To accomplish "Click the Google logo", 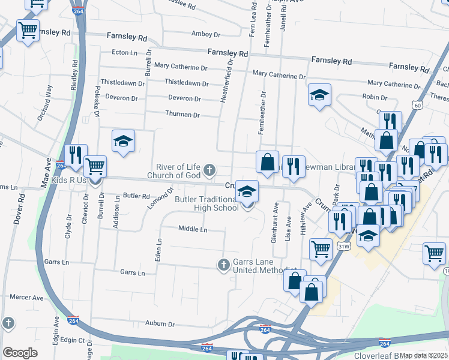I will point(20,353).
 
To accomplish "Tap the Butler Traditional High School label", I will point(206,203).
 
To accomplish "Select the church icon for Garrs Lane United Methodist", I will point(223,264).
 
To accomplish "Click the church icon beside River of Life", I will point(209,171).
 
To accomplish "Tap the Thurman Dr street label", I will point(182,114).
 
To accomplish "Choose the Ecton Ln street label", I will point(125,53).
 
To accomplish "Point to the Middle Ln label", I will point(193,229).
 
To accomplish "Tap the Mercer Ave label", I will point(27,297).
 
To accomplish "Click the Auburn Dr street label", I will point(160,324).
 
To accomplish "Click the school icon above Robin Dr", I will point(320,94).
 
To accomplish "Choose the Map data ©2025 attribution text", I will point(423,355).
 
